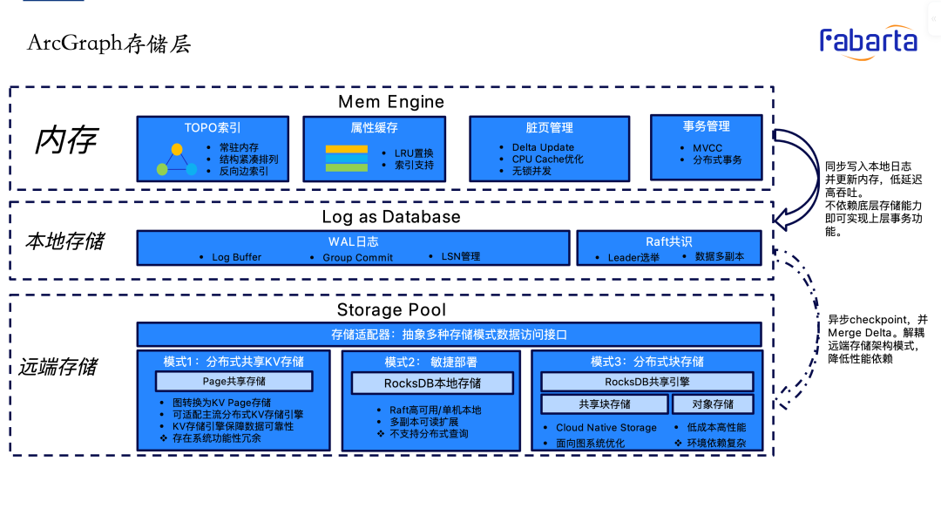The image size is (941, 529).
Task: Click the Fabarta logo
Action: [x=868, y=41]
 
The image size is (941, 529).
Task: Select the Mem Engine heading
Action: [x=391, y=102]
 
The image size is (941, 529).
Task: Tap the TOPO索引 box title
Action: [x=212, y=127]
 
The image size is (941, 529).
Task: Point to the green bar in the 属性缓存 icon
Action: [x=346, y=166]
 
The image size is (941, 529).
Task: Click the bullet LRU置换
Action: [x=414, y=153]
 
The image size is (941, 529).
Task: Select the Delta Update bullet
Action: [x=543, y=147]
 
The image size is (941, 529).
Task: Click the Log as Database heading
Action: [x=391, y=216]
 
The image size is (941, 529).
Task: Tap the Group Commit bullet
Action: [x=357, y=257]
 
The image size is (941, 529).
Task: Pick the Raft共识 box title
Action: [x=668, y=241]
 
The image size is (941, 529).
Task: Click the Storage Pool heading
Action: [x=391, y=310]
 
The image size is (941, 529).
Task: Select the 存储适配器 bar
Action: [x=450, y=335]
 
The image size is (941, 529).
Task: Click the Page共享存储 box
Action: [x=234, y=381]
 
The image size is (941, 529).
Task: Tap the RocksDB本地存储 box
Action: [x=432, y=383]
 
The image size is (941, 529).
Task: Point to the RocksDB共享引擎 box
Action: [x=647, y=382]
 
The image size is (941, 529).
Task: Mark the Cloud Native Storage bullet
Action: [x=606, y=428]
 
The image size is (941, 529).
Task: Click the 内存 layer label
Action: [x=66, y=140]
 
